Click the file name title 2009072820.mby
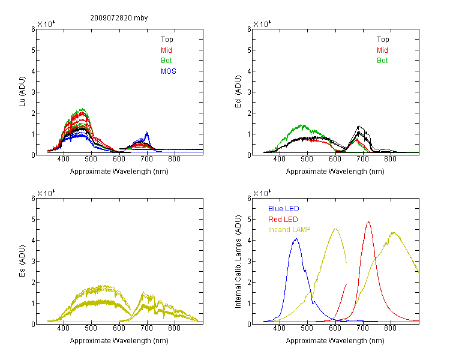(119, 18)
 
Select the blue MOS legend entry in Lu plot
(169, 71)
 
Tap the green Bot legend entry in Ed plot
(382, 61)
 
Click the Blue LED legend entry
(284, 209)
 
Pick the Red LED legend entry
(283, 220)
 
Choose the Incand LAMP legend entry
(289, 230)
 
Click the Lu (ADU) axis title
(22, 91)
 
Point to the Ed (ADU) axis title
(238, 91)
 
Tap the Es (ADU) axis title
(22, 261)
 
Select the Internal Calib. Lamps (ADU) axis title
(238, 262)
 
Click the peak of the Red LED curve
(368, 222)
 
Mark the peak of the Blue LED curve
(296, 239)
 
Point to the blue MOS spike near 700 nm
(147, 133)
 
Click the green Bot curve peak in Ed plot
(301, 125)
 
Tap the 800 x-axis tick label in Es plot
(174, 328)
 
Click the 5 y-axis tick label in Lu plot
(33, 50)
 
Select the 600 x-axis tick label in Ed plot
(335, 159)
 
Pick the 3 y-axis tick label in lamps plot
(249, 262)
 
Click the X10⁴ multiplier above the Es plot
(46, 193)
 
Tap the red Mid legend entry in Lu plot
(166, 50)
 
